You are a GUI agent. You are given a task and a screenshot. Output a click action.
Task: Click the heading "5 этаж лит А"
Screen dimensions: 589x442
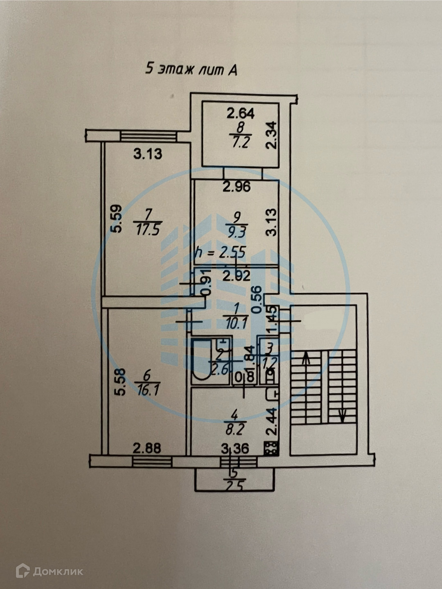click(192, 69)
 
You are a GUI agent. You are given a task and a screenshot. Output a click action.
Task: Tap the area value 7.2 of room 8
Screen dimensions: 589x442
click(241, 142)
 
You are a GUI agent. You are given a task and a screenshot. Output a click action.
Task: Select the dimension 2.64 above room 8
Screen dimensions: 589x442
click(241, 113)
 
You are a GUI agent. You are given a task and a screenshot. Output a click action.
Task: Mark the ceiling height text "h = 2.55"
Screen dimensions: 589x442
click(221, 252)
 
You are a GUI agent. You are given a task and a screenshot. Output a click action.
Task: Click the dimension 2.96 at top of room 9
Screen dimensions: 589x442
click(236, 187)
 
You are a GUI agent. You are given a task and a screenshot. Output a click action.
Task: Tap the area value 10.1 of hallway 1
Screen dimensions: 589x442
click(236, 324)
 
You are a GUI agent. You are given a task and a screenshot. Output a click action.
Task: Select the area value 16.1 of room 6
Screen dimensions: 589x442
click(148, 389)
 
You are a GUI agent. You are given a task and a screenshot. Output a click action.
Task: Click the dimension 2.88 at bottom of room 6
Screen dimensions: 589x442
click(147, 448)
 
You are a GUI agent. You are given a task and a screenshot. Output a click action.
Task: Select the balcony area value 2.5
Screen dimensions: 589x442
click(234, 486)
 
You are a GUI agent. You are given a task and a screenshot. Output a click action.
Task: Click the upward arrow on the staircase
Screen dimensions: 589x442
click(305, 360)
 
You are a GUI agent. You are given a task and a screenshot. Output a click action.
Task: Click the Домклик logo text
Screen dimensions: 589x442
click(58, 571)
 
